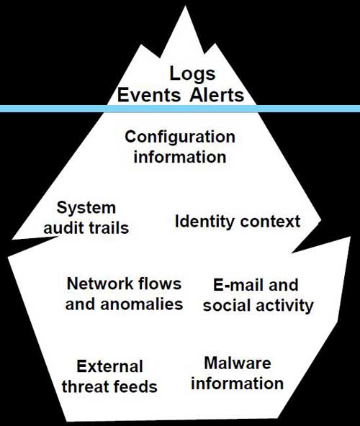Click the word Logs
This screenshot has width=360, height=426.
192,73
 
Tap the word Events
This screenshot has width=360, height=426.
149,95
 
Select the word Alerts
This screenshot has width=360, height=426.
217,95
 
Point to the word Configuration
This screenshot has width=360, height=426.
180,137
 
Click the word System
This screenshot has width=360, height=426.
86,209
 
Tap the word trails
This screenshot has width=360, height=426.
108,227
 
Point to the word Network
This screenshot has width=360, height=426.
100,284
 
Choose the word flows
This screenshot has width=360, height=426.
160,284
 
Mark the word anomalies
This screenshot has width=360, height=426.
141,304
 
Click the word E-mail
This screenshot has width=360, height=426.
237,285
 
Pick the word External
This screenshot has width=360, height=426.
109,366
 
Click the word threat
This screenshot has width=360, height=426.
86,386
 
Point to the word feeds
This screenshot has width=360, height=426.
135,386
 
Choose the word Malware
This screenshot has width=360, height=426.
238,363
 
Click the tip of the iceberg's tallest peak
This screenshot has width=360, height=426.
186,6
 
